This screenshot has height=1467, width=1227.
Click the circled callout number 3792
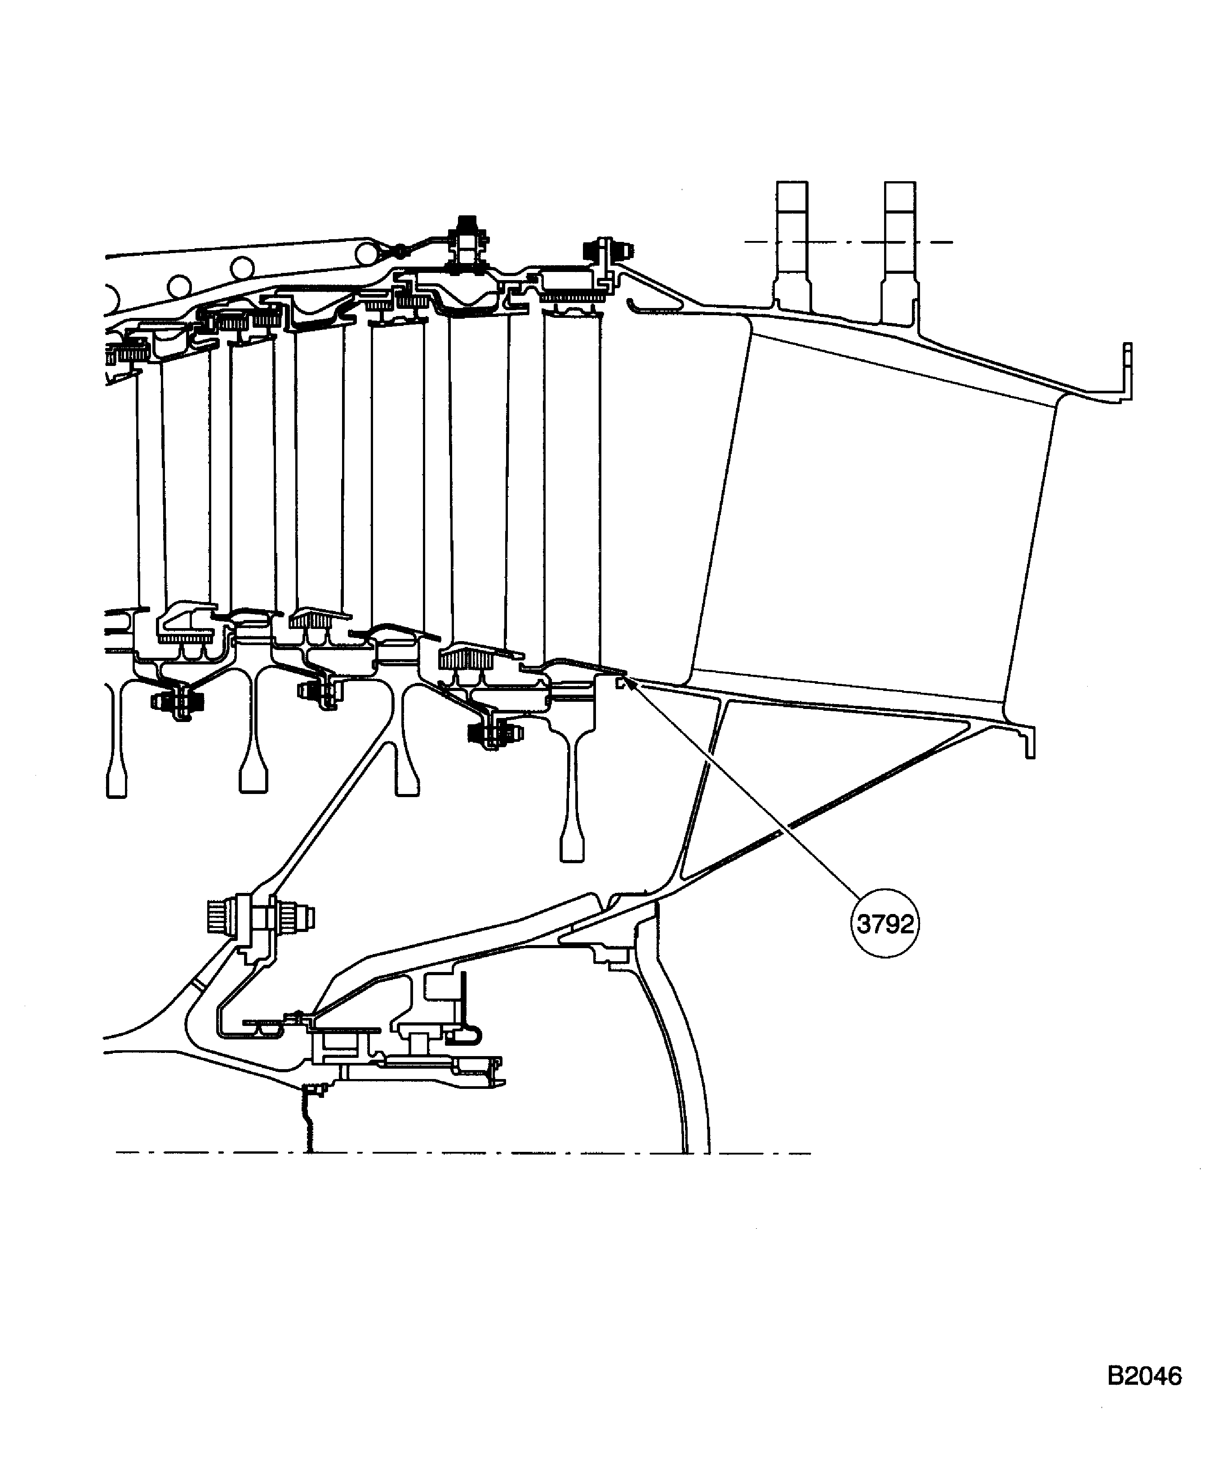tap(885, 924)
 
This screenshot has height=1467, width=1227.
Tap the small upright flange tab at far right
tap(1126, 370)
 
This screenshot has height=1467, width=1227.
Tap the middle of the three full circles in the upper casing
tap(242, 267)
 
